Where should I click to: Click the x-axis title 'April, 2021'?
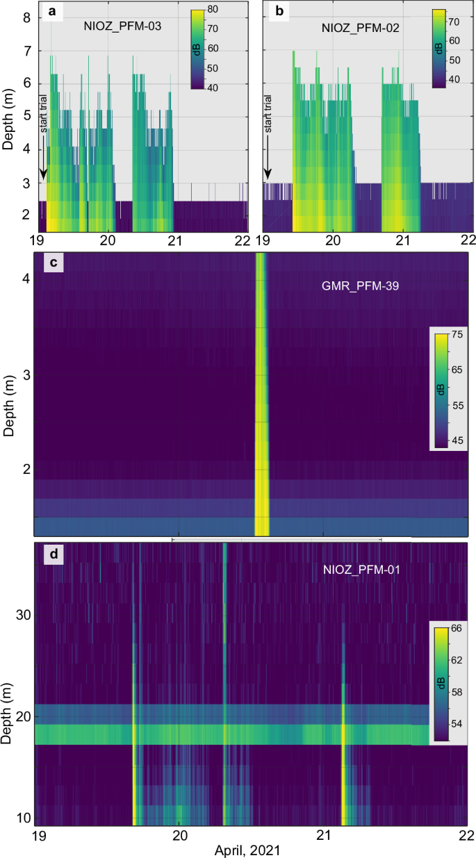pyautogui.click(x=251, y=848)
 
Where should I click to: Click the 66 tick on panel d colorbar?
pyautogui.click(x=457, y=627)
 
